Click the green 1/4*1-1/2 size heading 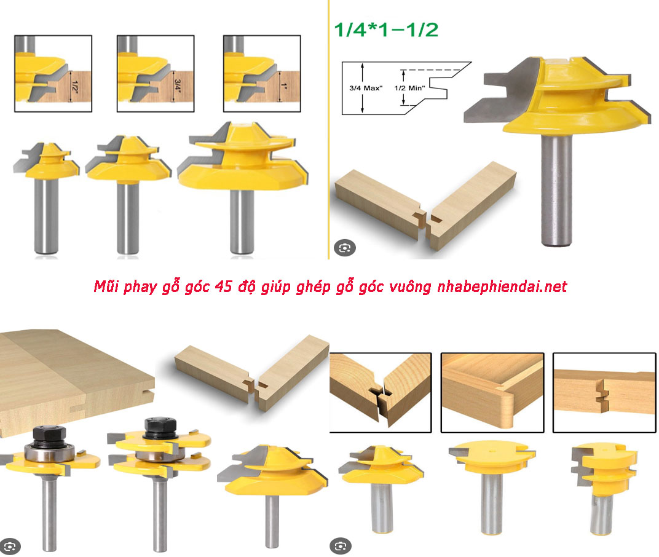[386, 30]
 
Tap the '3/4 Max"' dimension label [366, 88]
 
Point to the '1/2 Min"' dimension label [409, 88]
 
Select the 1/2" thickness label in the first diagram [74, 87]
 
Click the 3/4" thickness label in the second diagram [177, 86]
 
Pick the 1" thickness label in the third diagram [284, 86]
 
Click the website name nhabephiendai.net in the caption [502, 286]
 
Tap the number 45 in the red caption [223, 286]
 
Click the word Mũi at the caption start [106, 286]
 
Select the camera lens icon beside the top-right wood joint [345, 248]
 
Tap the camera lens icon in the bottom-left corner [10, 547]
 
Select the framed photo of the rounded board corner [492, 392]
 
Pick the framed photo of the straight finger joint [604, 392]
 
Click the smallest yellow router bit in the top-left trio [46, 197]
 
